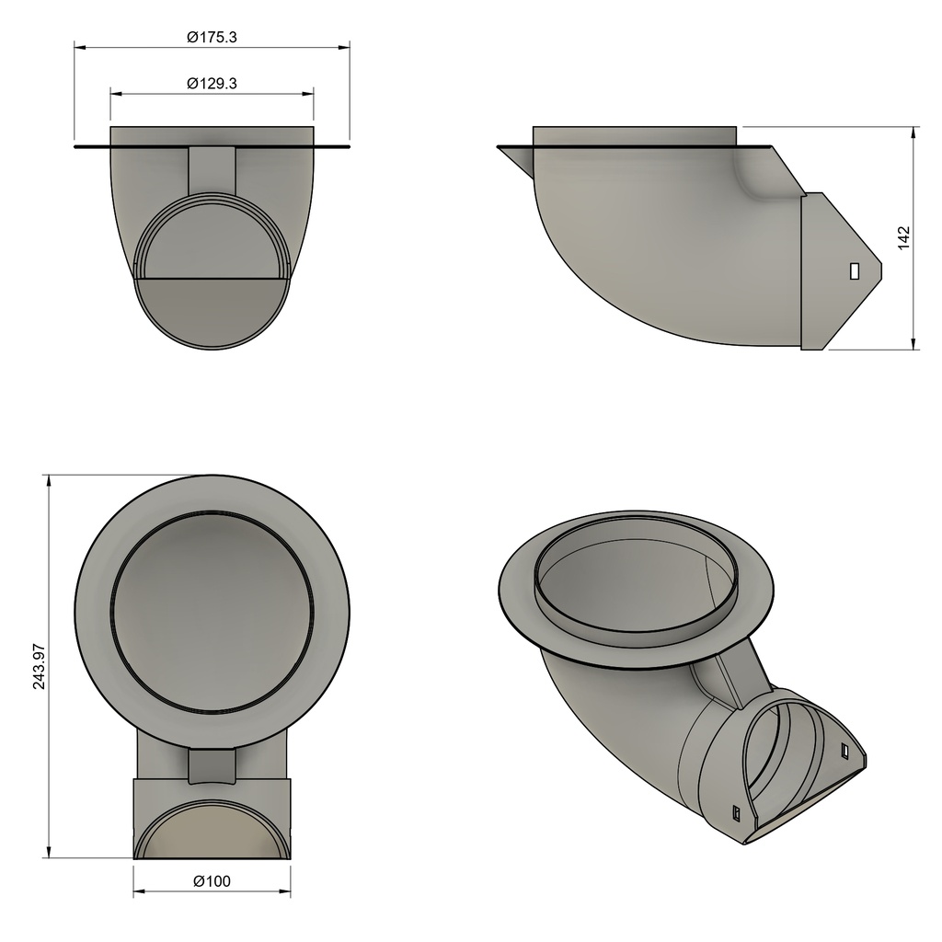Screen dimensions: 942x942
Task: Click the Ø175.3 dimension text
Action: (x=212, y=37)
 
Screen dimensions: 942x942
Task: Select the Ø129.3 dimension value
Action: (x=212, y=83)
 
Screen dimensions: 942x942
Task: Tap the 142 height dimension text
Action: (x=902, y=237)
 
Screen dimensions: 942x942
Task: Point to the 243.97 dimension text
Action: (x=39, y=667)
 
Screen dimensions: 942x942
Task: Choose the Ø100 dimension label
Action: (x=212, y=881)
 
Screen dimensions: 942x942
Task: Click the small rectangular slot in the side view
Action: (x=855, y=270)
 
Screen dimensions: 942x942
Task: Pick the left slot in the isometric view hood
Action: (x=737, y=812)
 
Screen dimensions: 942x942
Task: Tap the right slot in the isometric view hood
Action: (x=845, y=751)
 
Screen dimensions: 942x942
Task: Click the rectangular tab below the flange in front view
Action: (x=212, y=168)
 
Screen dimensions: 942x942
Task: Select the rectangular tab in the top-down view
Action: (x=212, y=765)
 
